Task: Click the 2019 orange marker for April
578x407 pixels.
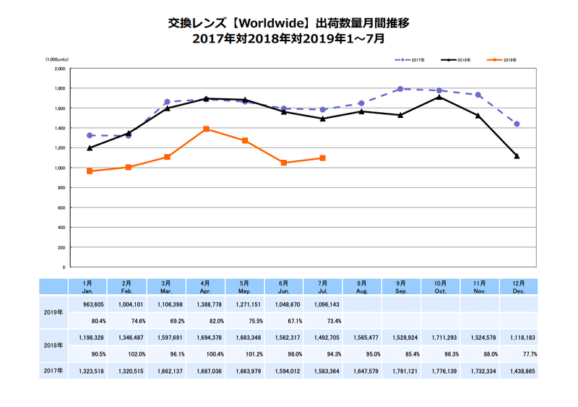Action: pyautogui.click(x=207, y=129)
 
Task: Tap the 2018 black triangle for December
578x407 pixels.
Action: pyautogui.click(x=517, y=156)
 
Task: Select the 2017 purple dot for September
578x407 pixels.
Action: pyautogui.click(x=400, y=89)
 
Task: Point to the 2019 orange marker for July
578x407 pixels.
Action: pyautogui.click(x=322, y=158)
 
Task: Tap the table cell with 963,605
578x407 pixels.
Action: pyautogui.click(x=89, y=305)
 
